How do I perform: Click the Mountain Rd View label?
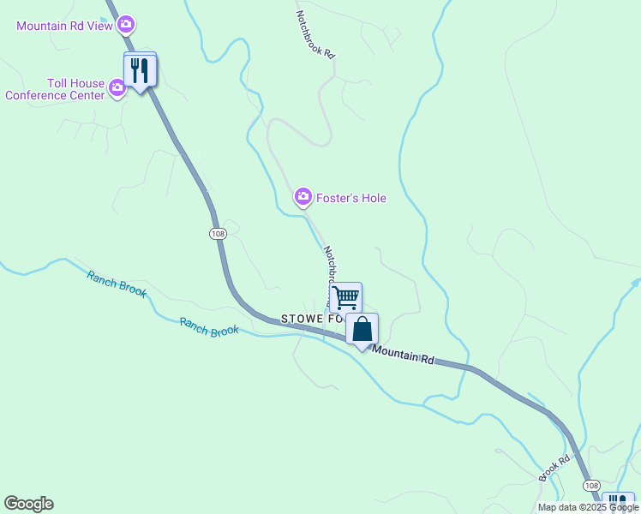(64, 26)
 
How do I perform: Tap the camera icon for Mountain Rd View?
(126, 24)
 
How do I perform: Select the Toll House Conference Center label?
(55, 89)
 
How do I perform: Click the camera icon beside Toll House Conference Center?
(117, 87)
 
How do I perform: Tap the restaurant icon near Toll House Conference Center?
(140, 70)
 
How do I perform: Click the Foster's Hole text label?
(351, 198)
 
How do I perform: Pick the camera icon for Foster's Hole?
(303, 198)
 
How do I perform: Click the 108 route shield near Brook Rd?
(592, 486)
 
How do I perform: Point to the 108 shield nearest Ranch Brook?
(218, 232)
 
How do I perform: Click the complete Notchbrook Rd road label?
(315, 34)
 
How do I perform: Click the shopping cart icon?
(345, 297)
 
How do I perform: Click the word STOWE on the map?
(300, 319)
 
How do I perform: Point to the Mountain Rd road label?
(404, 355)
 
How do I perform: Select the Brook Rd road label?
(554, 468)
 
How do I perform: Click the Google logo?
(28, 504)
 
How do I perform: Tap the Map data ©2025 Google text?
(588, 507)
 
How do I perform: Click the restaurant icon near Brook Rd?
(618, 503)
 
